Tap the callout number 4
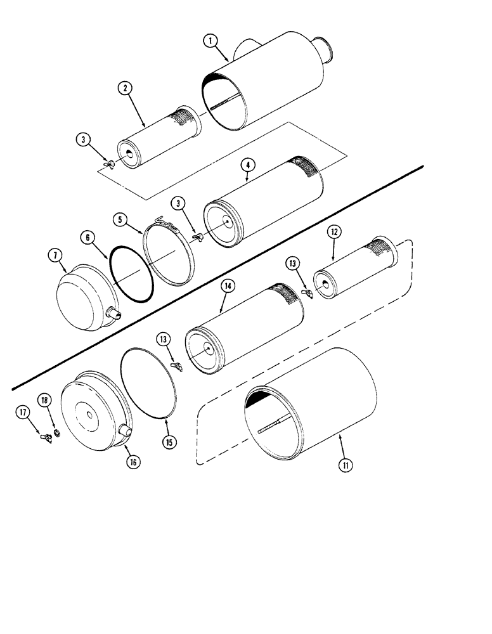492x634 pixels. (249, 165)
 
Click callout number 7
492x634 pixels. (55, 256)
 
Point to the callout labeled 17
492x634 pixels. (23, 413)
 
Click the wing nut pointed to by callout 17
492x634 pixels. (44, 437)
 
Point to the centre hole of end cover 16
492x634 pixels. (91, 416)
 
